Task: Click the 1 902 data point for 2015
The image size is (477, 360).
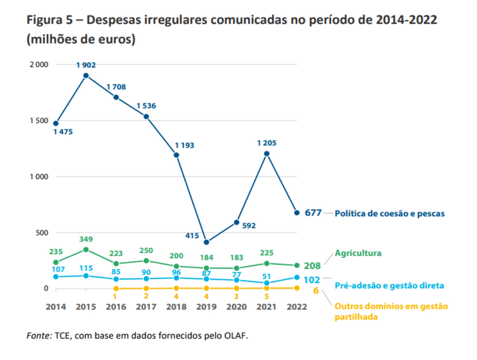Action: click(x=86, y=76)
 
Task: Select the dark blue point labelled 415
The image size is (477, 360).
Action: click(x=206, y=242)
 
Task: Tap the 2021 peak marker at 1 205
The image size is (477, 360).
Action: click(x=266, y=153)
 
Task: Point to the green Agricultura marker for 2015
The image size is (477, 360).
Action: click(x=86, y=249)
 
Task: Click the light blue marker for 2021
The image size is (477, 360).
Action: click(x=266, y=282)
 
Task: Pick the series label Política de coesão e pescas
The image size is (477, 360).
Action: click(x=389, y=212)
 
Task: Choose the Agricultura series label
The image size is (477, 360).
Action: click(x=358, y=253)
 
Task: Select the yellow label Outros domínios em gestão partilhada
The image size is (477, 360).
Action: click(x=391, y=311)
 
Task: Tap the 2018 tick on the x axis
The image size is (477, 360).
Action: click(x=176, y=307)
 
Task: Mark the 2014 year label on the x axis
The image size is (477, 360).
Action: click(x=56, y=307)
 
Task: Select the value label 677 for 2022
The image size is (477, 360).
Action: click(x=312, y=212)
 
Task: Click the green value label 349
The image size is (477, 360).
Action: click(x=86, y=239)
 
